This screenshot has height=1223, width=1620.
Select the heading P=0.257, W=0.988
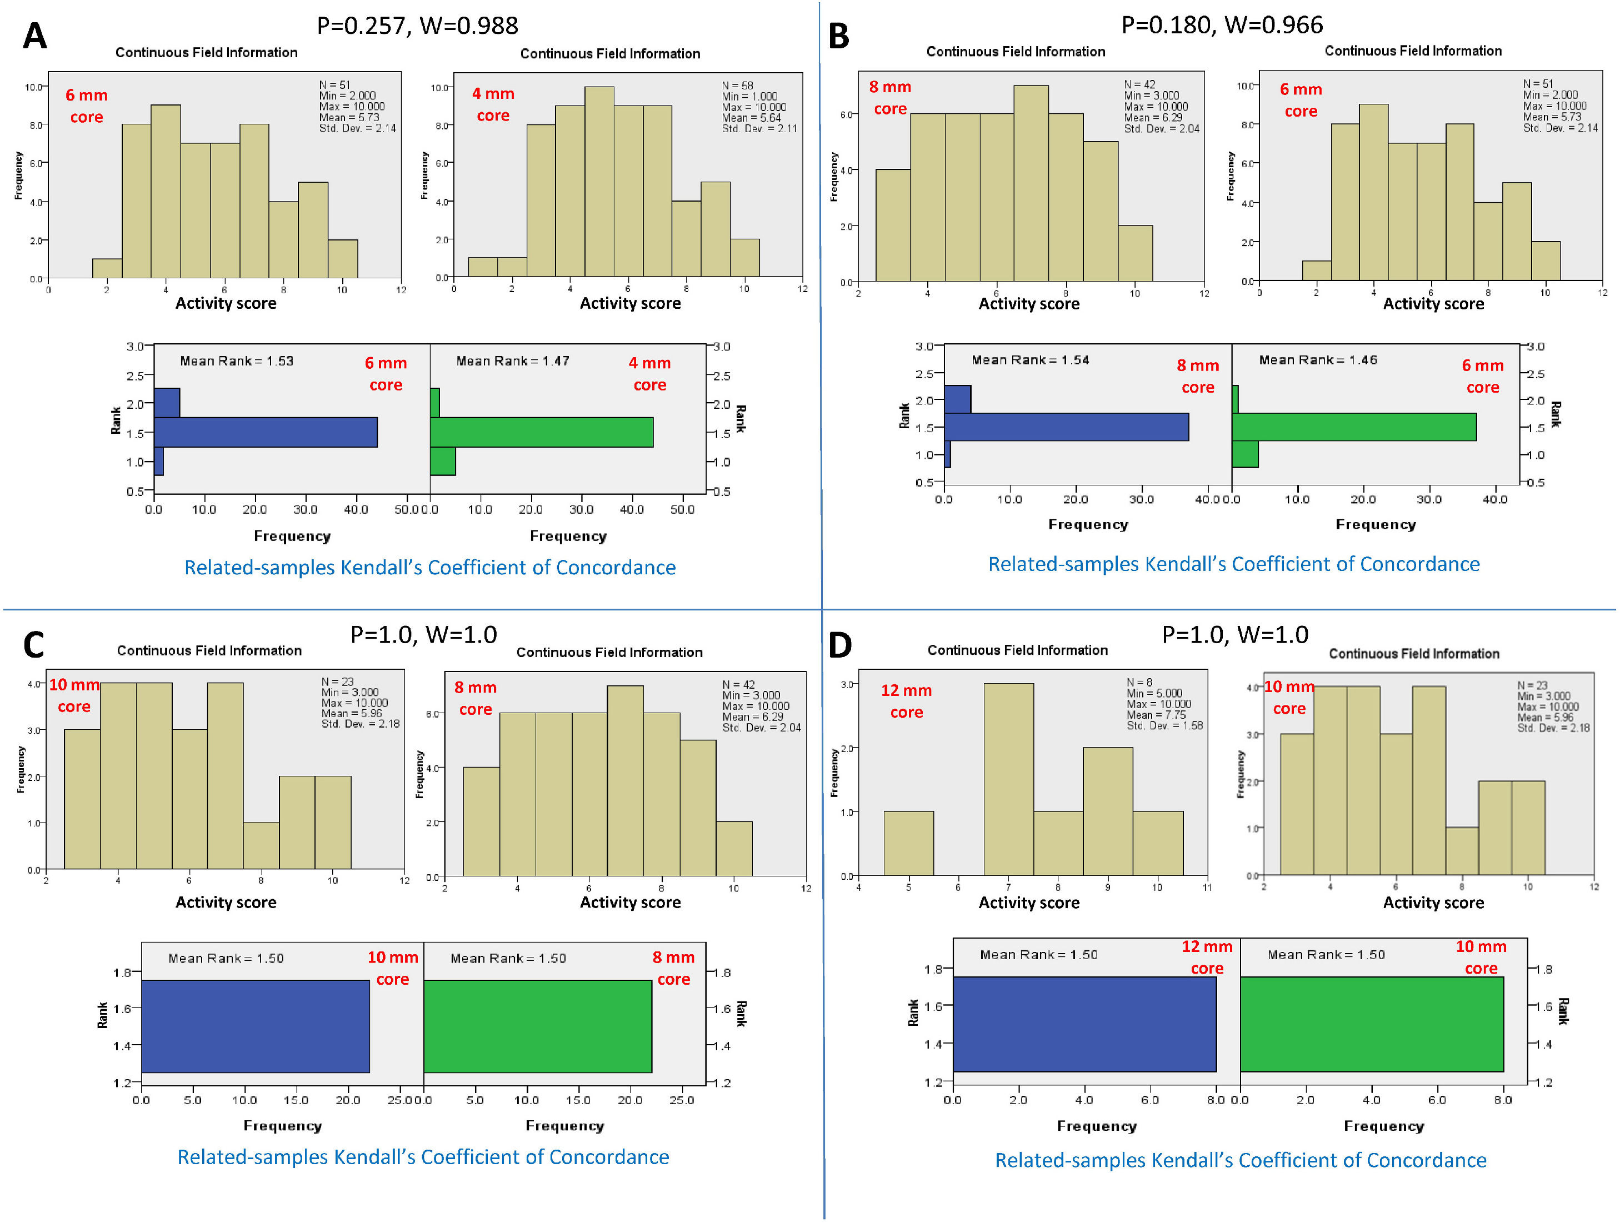[x=417, y=26]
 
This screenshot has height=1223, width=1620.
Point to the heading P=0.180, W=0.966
[x=1222, y=25]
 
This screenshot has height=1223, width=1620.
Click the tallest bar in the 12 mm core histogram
[x=1008, y=779]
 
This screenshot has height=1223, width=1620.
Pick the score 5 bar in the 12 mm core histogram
[x=908, y=843]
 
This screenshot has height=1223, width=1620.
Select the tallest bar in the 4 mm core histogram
[x=599, y=182]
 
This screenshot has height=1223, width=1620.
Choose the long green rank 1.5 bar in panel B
[x=1353, y=427]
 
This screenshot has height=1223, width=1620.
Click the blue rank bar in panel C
[x=255, y=1026]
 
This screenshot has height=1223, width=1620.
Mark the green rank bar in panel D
[x=1371, y=1024]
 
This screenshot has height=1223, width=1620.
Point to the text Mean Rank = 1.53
[x=237, y=361]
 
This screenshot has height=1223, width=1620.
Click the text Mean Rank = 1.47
[x=513, y=361]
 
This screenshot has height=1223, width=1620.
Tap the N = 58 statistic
[x=737, y=86]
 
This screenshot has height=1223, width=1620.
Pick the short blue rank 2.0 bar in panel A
[x=167, y=403]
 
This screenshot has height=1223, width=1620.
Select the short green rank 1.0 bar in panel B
[x=1245, y=454]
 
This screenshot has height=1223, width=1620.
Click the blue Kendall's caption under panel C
[x=423, y=1157]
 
